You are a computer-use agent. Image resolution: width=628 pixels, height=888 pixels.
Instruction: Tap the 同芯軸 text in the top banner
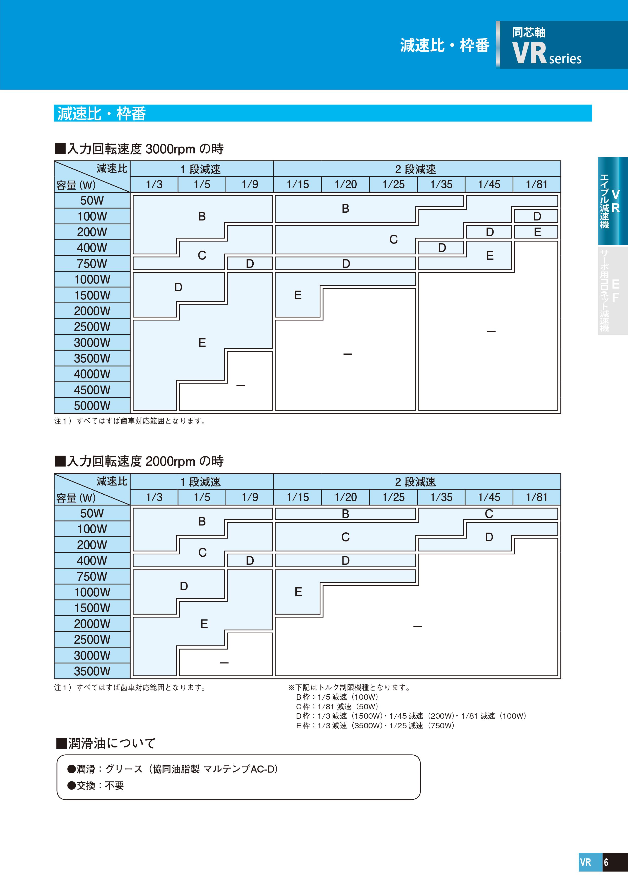(529, 32)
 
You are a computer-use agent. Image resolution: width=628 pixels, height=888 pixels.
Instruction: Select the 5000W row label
(92, 406)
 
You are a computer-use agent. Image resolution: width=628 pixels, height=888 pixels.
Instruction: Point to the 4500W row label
(92, 390)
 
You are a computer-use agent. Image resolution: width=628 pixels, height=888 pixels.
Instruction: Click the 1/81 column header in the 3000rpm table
(537, 185)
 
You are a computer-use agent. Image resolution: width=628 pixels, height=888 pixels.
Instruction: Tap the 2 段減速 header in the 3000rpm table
(415, 169)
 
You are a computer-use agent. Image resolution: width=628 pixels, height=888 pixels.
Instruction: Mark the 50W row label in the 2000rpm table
(92, 513)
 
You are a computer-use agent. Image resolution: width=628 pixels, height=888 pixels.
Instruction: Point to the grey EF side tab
(613, 290)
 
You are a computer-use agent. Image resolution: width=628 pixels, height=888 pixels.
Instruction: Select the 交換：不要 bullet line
(95, 785)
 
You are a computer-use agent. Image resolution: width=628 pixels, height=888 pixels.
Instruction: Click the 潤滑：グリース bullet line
(172, 769)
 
